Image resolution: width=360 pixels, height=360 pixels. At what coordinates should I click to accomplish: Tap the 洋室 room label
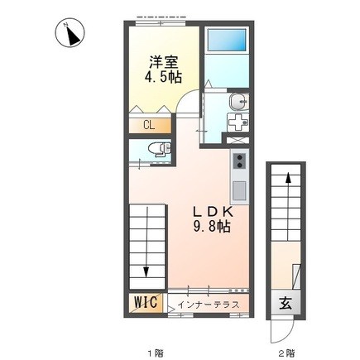coord(164,60)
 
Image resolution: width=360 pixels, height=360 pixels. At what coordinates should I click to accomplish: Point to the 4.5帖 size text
coord(164,77)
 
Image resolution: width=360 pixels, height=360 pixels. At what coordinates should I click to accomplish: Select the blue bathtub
coord(226,42)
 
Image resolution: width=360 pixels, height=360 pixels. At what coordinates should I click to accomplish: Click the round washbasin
coord(238,103)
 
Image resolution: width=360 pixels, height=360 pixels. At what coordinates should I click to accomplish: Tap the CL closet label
coord(148,125)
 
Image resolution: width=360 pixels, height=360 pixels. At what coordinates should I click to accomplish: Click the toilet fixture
coord(156,148)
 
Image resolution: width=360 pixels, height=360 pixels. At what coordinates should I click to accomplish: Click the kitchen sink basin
coord(238,190)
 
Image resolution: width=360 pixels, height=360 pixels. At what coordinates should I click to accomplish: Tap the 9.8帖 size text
coord(214,229)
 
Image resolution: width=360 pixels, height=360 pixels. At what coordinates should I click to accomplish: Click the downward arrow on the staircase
coord(146,269)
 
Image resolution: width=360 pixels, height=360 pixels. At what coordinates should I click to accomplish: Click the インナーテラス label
coord(209,305)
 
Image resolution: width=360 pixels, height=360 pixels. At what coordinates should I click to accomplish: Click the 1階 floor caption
coord(154,353)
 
